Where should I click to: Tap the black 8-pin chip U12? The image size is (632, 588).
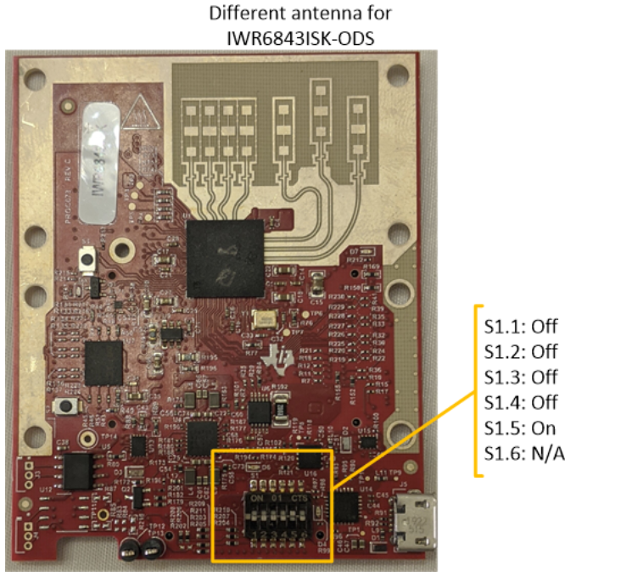point(78,466)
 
